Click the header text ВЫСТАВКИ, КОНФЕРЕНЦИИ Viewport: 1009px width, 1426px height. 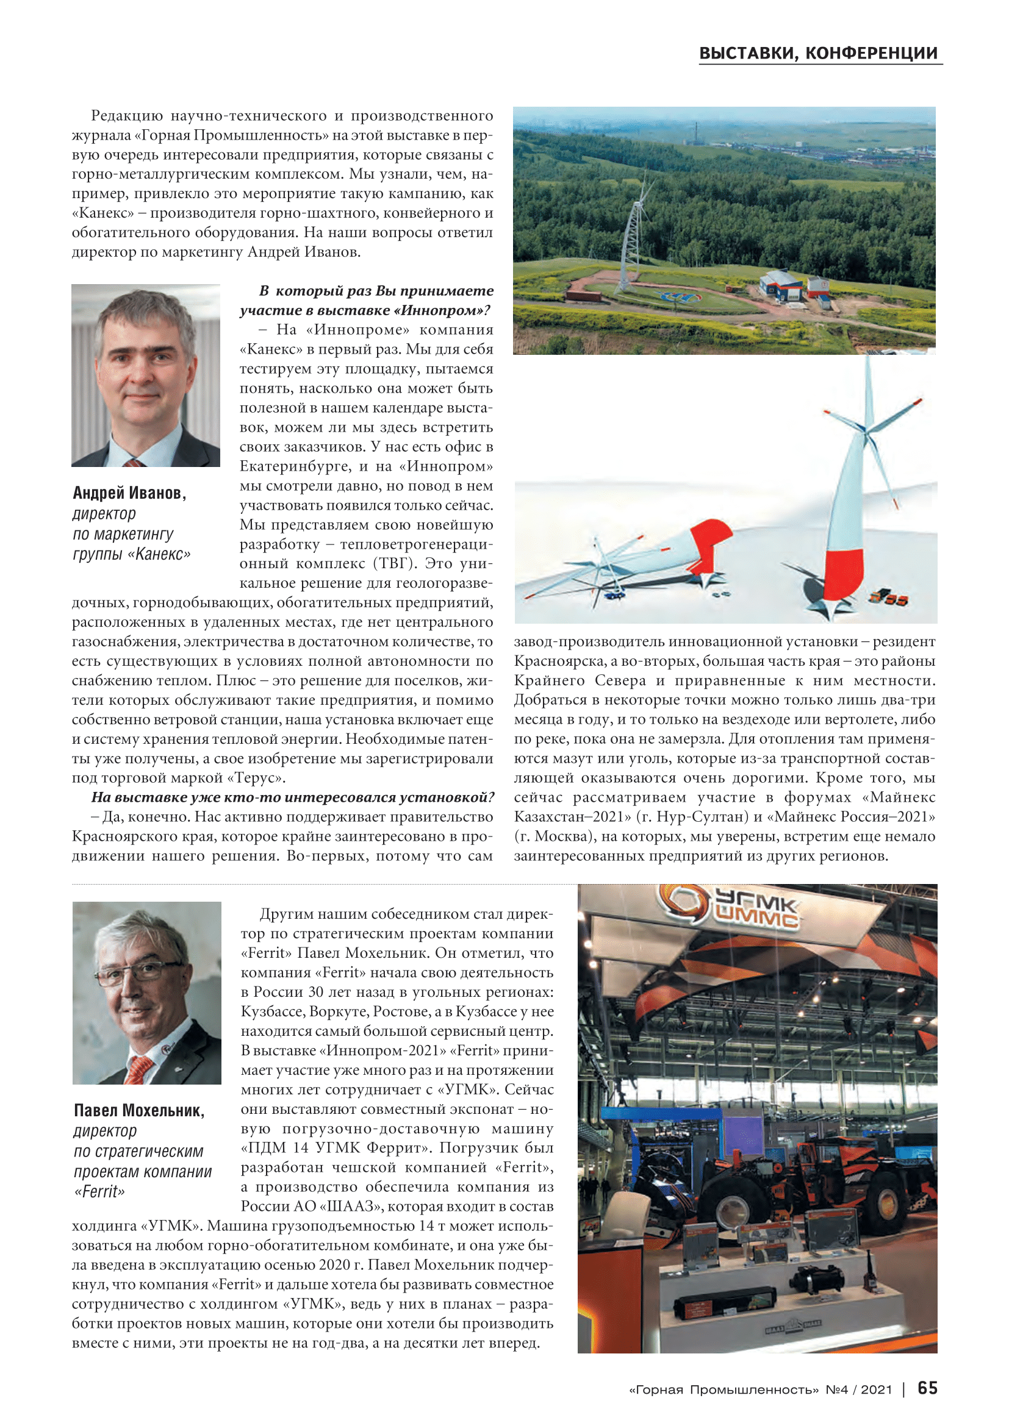coord(818,54)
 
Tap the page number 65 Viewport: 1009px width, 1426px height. coord(928,1388)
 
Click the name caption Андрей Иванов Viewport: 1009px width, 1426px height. coord(129,493)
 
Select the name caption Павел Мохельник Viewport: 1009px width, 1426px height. coord(139,1110)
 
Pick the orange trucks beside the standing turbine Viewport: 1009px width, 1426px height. coord(889,599)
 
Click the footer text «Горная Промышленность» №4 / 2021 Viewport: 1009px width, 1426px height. coord(761,1389)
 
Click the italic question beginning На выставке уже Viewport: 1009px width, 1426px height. coord(293,797)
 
